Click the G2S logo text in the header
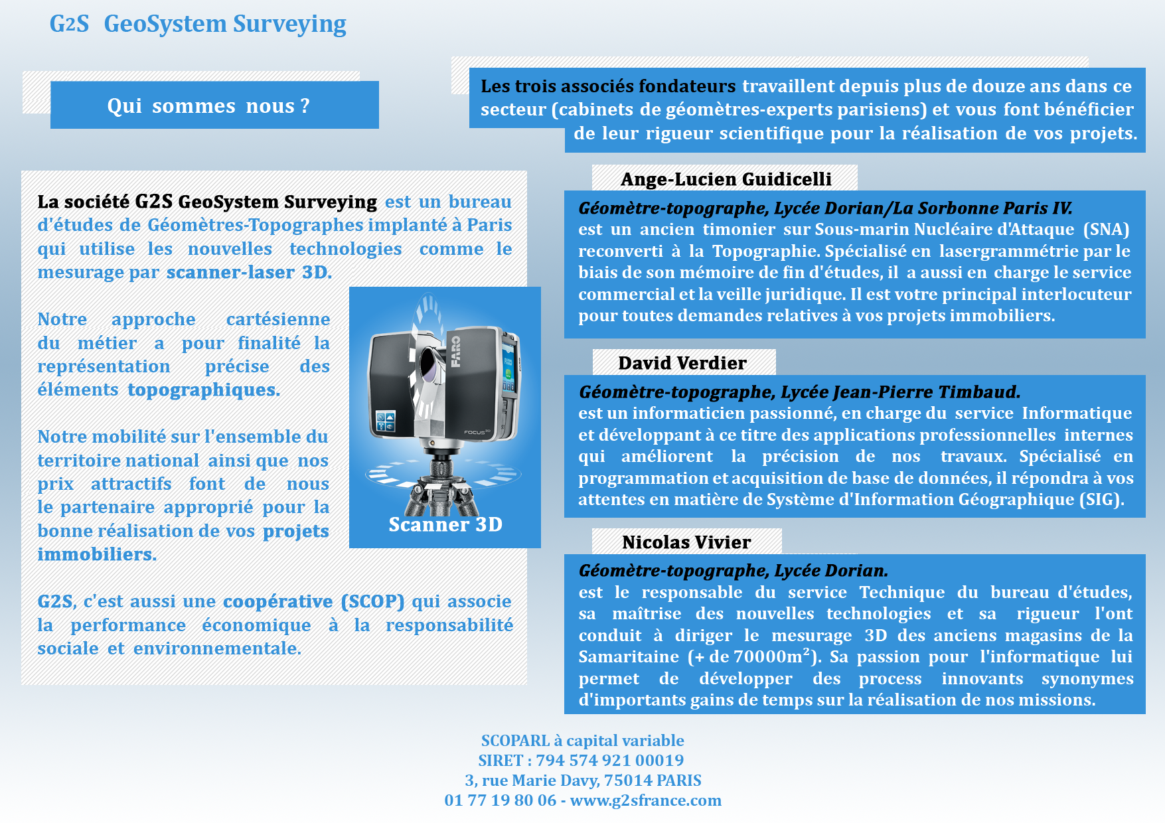pyautogui.click(x=69, y=24)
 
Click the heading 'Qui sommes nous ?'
pyautogui.click(x=208, y=106)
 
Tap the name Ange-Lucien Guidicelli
pyautogui.click(x=726, y=179)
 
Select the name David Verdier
pyautogui.click(x=682, y=363)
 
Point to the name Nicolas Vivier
pyautogui.click(x=686, y=542)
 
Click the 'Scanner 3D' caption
pyautogui.click(x=445, y=524)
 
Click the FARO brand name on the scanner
pyautogui.click(x=456, y=352)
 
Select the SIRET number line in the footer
pyautogui.click(x=581, y=761)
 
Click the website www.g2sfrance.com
pyautogui.click(x=645, y=800)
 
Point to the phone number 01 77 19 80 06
pyautogui.click(x=501, y=800)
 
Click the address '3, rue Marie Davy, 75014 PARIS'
pyautogui.click(x=583, y=781)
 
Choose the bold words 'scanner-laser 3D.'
pyautogui.click(x=249, y=272)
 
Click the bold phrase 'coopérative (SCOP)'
pyautogui.click(x=313, y=601)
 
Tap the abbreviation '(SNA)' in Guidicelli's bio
pyautogui.click(x=1106, y=230)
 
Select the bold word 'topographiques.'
pyautogui.click(x=204, y=390)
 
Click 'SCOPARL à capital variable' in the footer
pyautogui.click(x=582, y=741)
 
